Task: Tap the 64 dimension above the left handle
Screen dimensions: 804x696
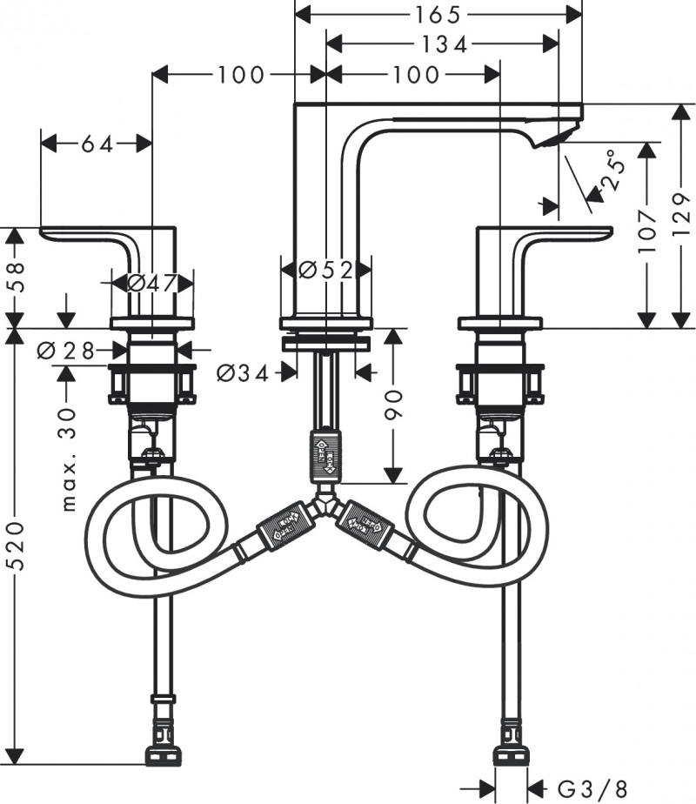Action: click(97, 144)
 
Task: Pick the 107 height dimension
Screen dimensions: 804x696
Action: click(646, 231)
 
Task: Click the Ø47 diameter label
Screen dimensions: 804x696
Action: click(152, 283)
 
